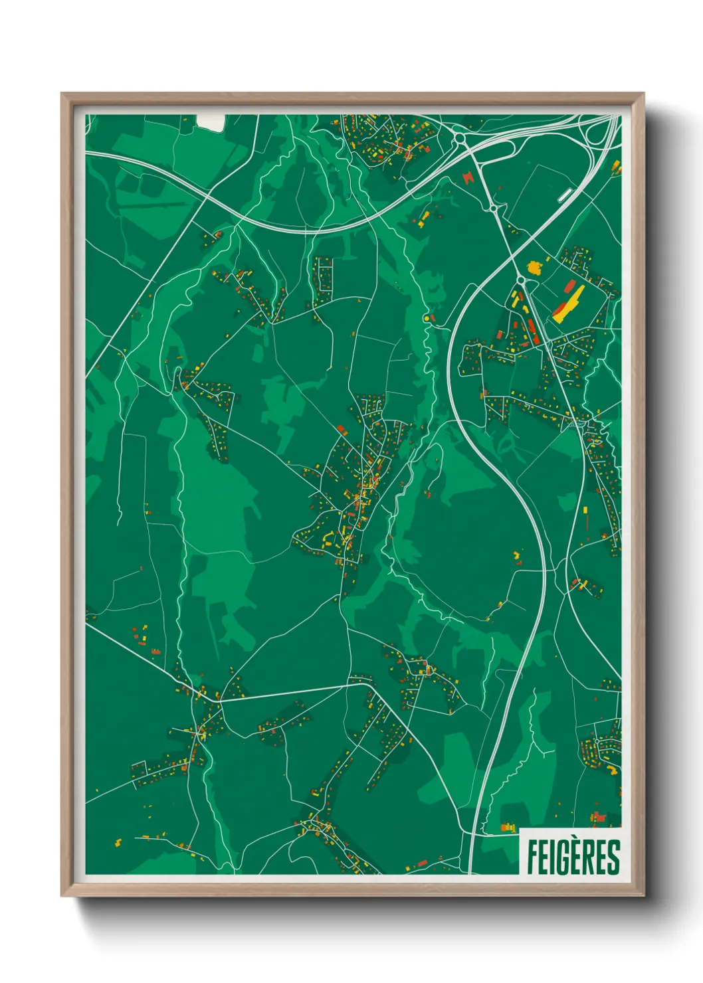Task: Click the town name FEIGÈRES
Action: pyautogui.click(x=573, y=857)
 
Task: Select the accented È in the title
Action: pyautogui.click(x=575, y=855)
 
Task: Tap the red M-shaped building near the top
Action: pyautogui.click(x=470, y=177)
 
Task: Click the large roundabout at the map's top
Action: pyautogui.click(x=460, y=139)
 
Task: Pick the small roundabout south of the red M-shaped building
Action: pyautogui.click(x=494, y=209)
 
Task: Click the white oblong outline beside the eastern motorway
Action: pyautogui.click(x=565, y=194)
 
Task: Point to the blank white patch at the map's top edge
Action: pyautogui.click(x=211, y=123)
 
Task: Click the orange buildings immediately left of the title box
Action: pyautogui.click(x=508, y=827)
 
